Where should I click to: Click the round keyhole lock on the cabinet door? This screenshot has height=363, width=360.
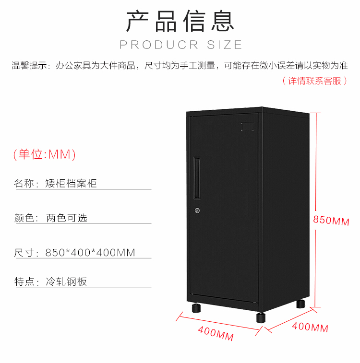[197, 211]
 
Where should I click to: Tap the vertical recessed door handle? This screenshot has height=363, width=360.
[197, 178]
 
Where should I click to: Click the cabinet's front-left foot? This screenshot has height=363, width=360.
[196, 308]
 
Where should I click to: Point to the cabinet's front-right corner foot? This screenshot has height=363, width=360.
[261, 317]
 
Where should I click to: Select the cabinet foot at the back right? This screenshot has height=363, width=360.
[300, 304]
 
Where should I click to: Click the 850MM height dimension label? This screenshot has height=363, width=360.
[331, 221]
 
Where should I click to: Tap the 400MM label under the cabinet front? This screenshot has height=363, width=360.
[216, 334]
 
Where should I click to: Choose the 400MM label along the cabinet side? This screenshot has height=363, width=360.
[310, 327]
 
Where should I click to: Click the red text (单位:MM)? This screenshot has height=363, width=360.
[45, 154]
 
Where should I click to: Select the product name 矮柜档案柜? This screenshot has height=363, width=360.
[71, 183]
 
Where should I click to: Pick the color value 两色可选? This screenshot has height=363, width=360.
[67, 218]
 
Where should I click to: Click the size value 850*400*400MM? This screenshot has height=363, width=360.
[90, 253]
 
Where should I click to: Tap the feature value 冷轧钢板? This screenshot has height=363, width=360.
[67, 281]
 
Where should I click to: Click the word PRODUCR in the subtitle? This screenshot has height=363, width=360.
[159, 45]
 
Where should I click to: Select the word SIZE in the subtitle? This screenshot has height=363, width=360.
[225, 45]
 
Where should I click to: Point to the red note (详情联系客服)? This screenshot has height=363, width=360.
[315, 81]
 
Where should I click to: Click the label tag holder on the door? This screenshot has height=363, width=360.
[247, 127]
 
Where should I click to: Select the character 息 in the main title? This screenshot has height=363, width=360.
[223, 21]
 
